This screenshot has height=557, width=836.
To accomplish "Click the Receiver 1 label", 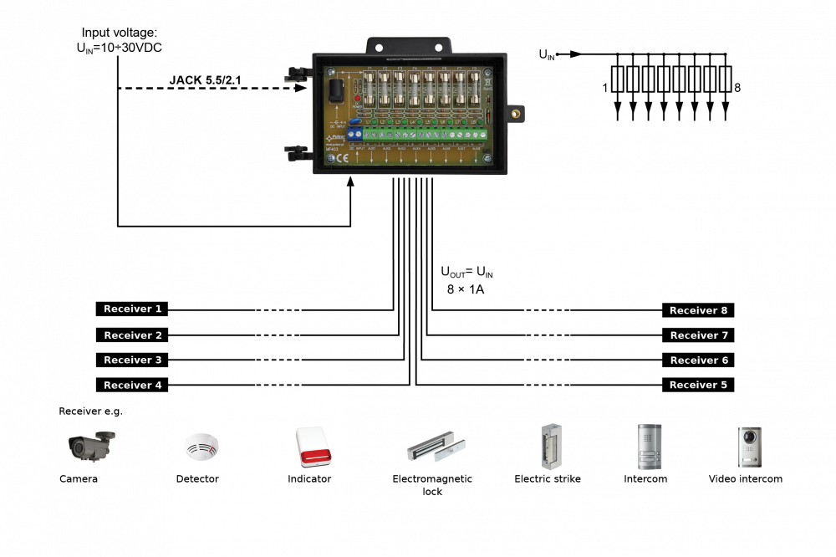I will (x=133, y=309).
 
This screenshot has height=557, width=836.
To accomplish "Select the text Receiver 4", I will (x=133, y=386).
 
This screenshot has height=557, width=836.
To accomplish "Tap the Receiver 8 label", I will (x=698, y=311).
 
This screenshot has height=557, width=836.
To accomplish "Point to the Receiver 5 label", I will (x=698, y=386).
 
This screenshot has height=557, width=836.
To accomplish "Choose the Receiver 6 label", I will (x=699, y=360).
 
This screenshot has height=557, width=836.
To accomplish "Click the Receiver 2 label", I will (x=133, y=336).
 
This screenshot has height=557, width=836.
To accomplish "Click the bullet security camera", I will (x=91, y=445).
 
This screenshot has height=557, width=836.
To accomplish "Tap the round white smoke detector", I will (x=201, y=447).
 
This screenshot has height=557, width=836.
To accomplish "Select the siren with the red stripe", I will (x=313, y=447).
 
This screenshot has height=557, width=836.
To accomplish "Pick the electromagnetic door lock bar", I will (x=436, y=447).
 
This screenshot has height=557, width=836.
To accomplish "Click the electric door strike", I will (x=550, y=447).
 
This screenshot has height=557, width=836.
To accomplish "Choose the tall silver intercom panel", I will (x=650, y=447).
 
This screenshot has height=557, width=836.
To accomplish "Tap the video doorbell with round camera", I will (x=749, y=447).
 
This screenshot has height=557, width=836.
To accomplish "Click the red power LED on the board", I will (x=357, y=99).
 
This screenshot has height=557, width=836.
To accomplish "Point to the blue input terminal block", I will (x=354, y=132).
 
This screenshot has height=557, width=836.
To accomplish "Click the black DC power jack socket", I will (x=336, y=89).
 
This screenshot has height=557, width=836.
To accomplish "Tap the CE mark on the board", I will (x=342, y=157).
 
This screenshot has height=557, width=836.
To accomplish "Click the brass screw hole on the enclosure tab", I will (x=517, y=113).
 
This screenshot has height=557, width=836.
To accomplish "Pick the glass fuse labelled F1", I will (x=370, y=89).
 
